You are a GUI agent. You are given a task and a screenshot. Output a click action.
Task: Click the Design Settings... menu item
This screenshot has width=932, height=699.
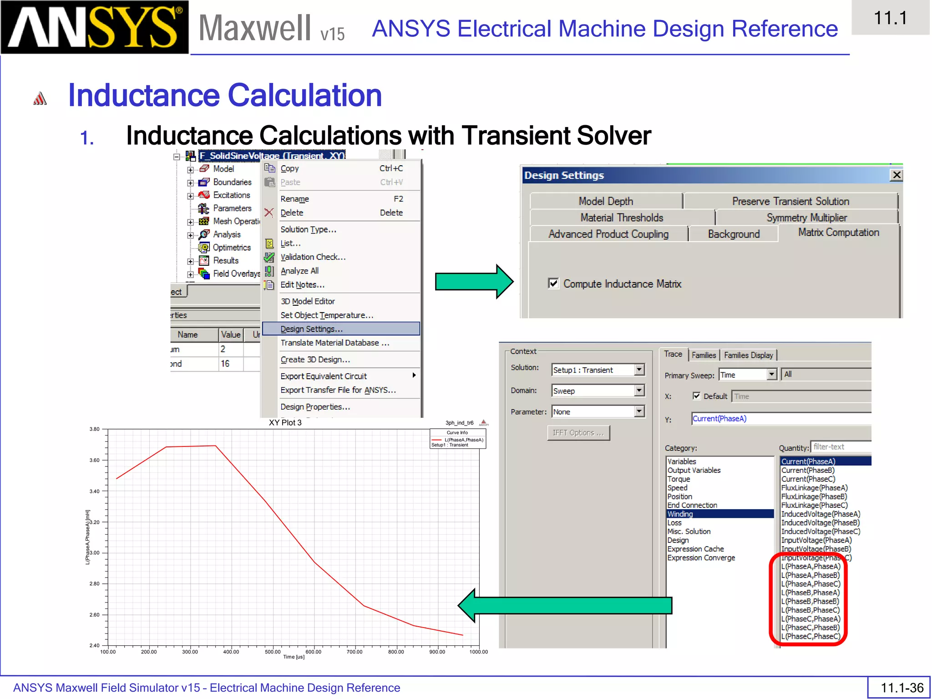311,329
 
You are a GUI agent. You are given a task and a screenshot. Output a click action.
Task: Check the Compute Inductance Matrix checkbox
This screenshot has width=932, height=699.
553,284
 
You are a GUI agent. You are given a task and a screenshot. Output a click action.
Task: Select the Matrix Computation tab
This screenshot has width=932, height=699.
838,233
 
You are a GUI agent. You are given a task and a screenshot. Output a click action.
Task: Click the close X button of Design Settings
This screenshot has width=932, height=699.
896,175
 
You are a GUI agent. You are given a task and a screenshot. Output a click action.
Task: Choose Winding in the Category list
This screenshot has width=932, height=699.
680,514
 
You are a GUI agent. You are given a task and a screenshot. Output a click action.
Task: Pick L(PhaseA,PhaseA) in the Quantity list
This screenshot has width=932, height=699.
810,566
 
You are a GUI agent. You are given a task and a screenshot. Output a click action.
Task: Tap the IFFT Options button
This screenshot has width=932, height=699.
578,433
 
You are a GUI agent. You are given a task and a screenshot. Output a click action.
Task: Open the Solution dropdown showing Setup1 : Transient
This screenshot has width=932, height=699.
639,370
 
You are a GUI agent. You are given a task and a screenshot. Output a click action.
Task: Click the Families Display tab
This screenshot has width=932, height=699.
748,355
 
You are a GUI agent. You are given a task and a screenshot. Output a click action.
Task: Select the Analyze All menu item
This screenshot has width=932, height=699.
299,271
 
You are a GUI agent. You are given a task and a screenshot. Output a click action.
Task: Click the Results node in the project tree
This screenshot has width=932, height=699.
226,260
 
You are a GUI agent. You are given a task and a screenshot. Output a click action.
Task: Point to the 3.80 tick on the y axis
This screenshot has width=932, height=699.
95,429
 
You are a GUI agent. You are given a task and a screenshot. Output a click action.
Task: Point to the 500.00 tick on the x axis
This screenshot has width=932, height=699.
273,652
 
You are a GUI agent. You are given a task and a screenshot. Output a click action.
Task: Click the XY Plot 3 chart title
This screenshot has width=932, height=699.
285,422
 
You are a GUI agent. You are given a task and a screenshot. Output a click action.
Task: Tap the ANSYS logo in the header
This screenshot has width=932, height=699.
95,27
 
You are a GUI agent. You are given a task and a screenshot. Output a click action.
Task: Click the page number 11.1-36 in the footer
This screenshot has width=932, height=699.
902,688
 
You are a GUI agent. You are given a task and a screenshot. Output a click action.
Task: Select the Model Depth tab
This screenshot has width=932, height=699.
605,201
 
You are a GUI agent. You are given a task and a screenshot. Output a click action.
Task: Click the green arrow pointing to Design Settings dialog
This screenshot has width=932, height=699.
474,281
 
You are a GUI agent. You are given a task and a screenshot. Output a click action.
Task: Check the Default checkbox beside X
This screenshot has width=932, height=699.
696,396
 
